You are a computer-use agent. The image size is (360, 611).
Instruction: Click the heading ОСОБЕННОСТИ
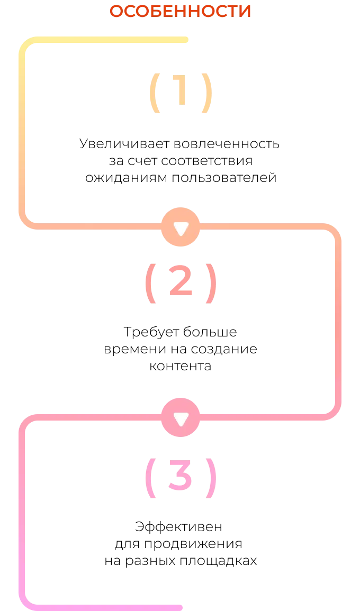pos(180,11)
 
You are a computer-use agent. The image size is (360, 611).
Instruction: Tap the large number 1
pos(180,90)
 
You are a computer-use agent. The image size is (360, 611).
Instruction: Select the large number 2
pos(181,281)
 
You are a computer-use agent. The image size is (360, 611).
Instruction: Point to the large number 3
pos(180,476)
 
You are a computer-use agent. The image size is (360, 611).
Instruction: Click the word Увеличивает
pos(125,144)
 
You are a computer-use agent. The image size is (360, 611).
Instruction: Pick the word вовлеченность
pos(227,144)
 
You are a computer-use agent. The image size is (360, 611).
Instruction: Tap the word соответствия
pos(206,161)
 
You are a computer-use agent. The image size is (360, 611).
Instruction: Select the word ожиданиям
pos(127,178)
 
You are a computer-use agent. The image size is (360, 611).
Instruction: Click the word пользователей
pos(224,178)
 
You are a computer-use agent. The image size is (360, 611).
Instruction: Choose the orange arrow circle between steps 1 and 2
pos(181,227)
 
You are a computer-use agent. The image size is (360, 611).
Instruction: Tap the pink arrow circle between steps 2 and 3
pos(181,417)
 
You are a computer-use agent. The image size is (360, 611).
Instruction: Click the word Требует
pos(152,332)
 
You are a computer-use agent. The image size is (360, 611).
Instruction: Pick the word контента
pos(180,366)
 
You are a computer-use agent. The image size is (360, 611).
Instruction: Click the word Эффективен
pos(178,527)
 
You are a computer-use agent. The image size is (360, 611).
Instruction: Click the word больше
pos(210,332)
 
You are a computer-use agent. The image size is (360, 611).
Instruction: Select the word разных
pos(150,561)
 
